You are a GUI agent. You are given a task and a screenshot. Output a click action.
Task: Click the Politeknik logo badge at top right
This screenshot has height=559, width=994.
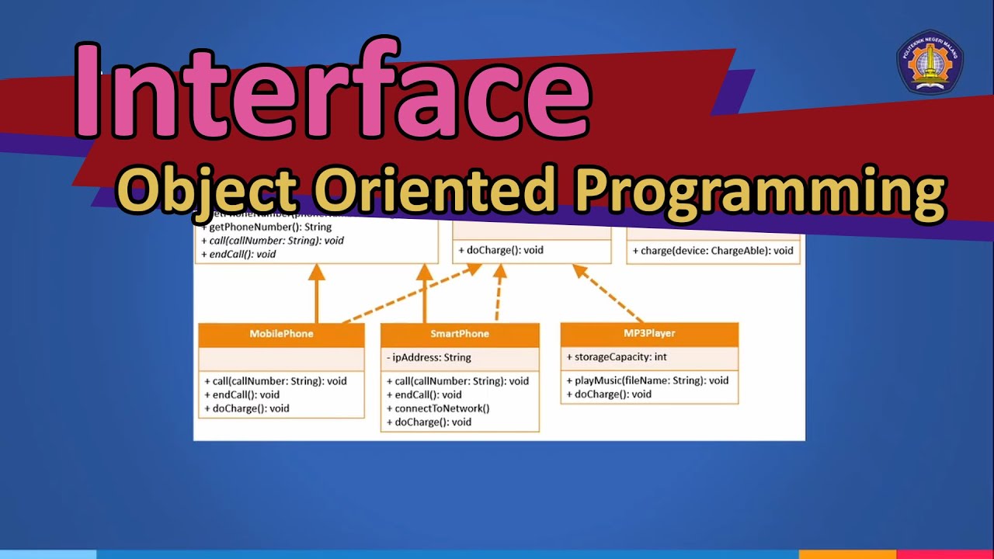[930, 61]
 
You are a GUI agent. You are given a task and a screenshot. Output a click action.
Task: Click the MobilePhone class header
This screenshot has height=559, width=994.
[281, 334]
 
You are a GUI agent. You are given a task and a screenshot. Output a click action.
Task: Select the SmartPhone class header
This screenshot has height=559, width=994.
[460, 334]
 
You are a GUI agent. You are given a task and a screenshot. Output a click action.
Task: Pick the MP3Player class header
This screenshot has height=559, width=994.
[649, 333]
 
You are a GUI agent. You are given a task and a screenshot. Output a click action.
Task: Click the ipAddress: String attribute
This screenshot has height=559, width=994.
[429, 358]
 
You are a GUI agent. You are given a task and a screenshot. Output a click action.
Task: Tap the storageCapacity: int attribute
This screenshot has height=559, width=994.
[617, 357]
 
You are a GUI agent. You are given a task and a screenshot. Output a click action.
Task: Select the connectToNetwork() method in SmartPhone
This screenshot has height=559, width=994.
[438, 408]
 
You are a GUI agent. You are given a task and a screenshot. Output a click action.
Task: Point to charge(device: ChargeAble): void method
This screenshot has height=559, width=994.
[713, 251]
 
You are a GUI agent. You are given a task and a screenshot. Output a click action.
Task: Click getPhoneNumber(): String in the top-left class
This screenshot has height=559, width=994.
[266, 227]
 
